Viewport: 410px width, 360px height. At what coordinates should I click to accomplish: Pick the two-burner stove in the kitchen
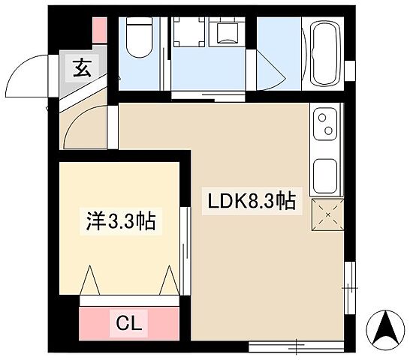(x=327, y=124)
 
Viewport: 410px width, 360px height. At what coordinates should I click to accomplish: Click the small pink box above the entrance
(x=98, y=31)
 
